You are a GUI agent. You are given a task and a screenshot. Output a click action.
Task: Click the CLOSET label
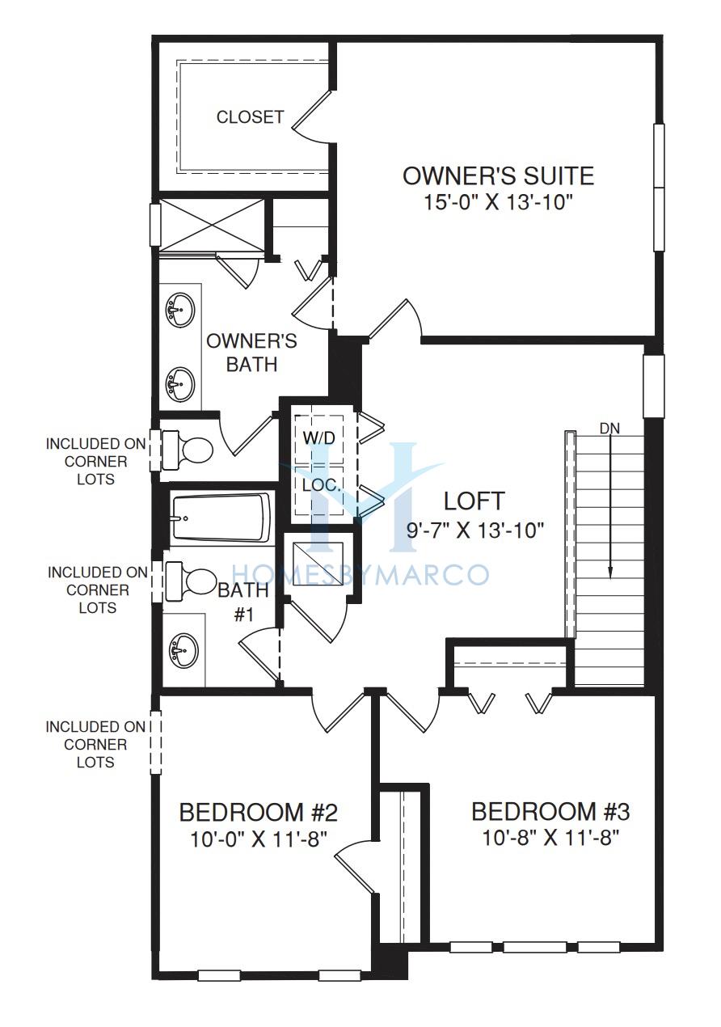coord(251,117)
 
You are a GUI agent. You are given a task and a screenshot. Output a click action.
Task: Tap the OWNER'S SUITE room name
coord(498,175)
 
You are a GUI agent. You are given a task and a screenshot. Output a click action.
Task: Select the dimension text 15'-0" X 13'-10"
coord(498,202)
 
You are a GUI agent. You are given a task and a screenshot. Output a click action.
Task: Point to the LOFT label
coord(474,501)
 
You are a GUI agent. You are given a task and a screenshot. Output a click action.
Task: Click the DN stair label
coord(609,429)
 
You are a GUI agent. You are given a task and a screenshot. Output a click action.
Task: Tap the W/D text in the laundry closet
coord(319,437)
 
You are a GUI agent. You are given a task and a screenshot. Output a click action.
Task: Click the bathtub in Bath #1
coord(221,518)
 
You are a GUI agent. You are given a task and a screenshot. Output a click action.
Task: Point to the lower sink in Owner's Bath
coord(179,384)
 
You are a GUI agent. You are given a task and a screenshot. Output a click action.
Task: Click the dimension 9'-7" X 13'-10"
coord(474,531)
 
